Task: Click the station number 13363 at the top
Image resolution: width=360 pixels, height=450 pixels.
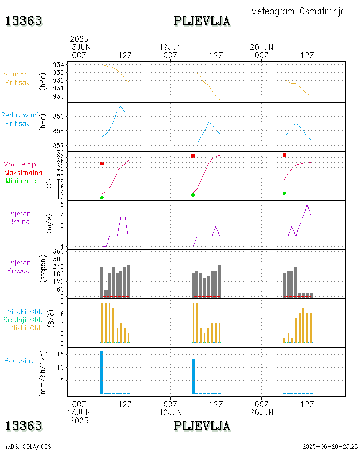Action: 23,21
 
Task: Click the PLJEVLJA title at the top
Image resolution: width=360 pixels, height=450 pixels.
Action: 202,21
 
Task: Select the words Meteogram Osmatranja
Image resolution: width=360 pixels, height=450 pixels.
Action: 298,11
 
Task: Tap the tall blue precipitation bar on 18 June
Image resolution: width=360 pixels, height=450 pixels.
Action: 102,372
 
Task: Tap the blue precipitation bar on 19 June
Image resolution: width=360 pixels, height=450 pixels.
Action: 193,376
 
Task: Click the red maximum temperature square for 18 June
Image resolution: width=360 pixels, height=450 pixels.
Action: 102,163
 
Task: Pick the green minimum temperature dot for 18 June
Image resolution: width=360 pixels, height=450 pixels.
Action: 102,198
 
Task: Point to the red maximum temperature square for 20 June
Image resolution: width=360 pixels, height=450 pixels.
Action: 284,155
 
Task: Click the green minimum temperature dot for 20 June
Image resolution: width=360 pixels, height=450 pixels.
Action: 284,193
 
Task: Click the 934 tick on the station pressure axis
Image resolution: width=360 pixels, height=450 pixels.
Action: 58,65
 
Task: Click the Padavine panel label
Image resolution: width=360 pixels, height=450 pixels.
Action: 19,360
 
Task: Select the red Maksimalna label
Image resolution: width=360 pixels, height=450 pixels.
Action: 23,172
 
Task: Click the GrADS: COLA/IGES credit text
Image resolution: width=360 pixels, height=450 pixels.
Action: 27,446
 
